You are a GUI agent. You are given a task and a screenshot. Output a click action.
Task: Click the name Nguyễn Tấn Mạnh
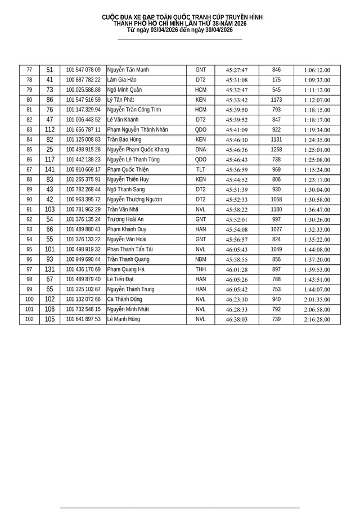point(128,70)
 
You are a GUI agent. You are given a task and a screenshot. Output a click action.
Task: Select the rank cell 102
point(29,319)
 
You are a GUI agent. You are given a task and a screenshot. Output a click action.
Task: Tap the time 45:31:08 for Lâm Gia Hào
point(237,80)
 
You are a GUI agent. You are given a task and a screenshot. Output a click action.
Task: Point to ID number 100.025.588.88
point(83,90)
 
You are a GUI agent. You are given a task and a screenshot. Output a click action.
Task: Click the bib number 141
point(49,169)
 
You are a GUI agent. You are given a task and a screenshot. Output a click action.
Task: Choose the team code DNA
point(201,150)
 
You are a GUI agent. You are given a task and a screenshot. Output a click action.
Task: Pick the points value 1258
point(276,150)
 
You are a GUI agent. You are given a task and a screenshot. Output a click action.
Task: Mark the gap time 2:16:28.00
point(317,319)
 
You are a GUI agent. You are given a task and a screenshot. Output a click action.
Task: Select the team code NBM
point(201,259)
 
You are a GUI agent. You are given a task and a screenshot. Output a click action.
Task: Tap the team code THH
point(201,269)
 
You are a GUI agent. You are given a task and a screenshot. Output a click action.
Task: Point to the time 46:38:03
point(237,319)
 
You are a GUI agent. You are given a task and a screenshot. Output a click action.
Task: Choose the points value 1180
point(276,209)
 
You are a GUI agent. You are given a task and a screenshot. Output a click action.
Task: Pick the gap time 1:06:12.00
point(317,70)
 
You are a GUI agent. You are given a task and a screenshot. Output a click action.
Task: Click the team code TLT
point(201,169)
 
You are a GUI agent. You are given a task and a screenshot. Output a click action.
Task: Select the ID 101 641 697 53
point(83,319)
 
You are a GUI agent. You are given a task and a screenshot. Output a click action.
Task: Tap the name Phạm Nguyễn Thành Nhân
point(137,129)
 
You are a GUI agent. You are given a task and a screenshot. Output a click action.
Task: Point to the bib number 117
point(49,160)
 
